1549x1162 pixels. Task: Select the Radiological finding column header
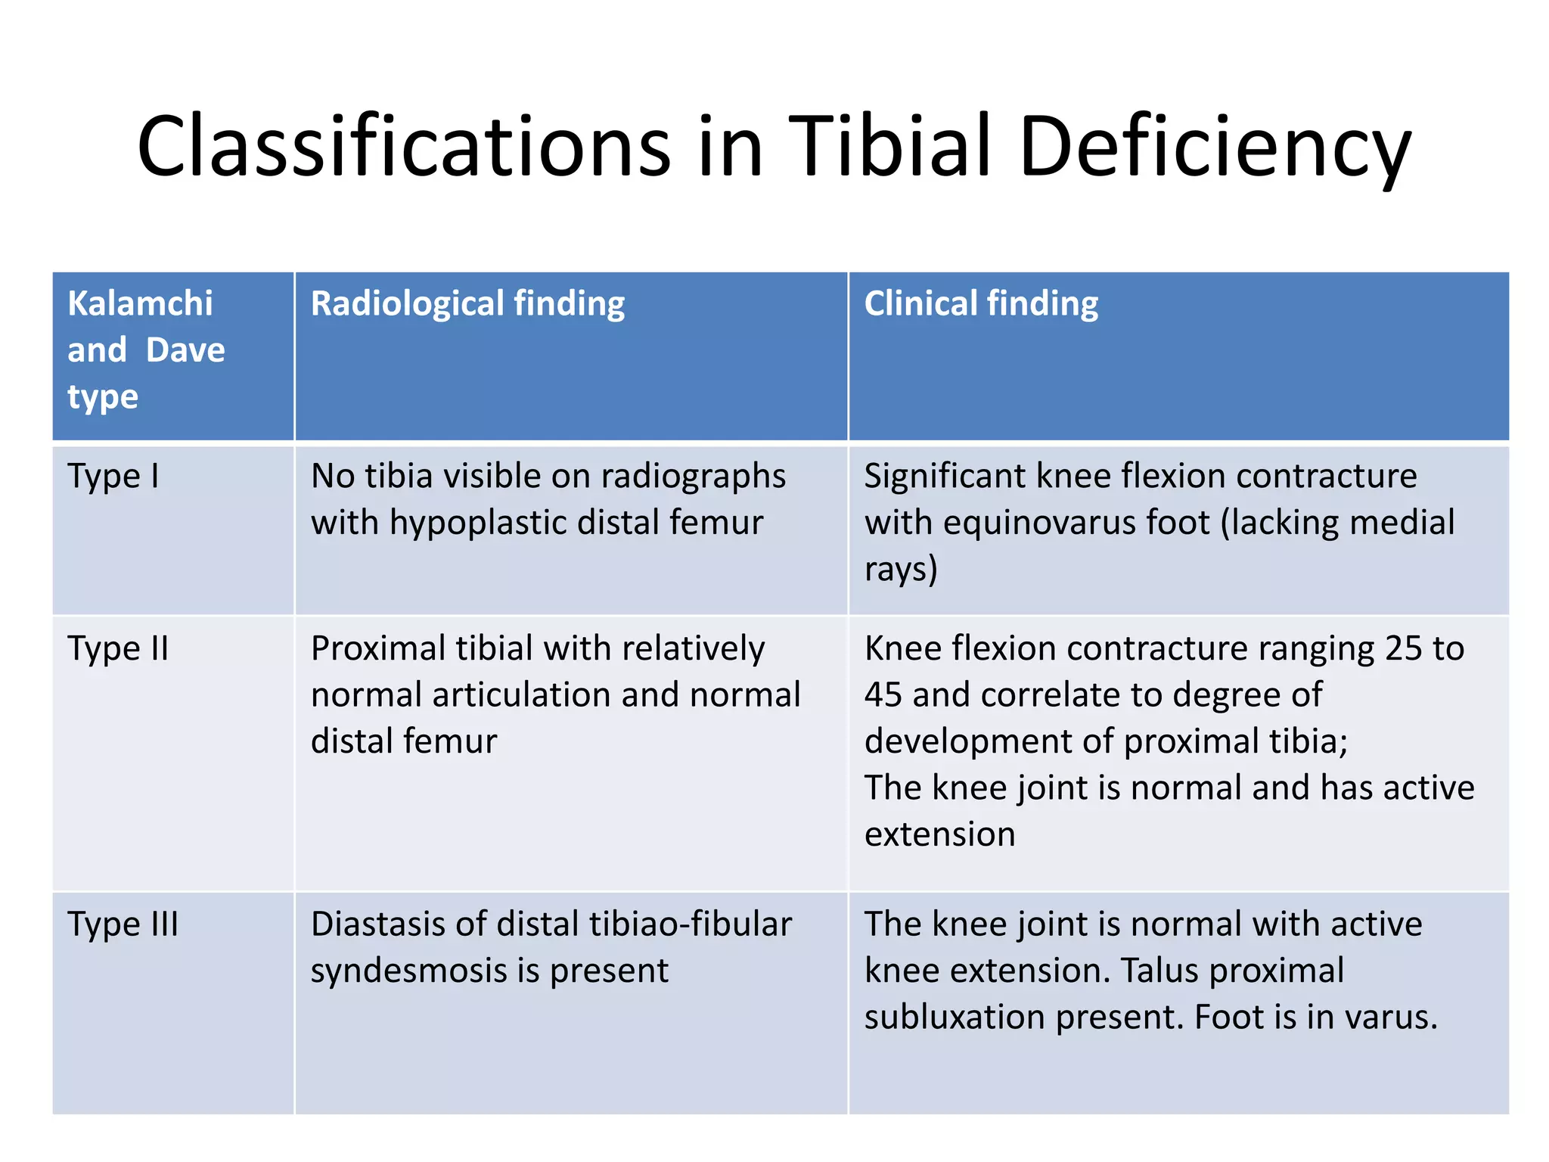(467, 303)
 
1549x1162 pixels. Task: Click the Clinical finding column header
(981, 303)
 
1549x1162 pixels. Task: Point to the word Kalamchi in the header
(141, 303)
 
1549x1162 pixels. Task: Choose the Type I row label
(113, 477)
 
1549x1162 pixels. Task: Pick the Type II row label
(118, 649)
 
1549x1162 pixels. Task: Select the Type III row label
(123, 924)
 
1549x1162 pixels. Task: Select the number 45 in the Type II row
(883, 695)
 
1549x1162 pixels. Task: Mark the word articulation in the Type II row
(522, 695)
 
